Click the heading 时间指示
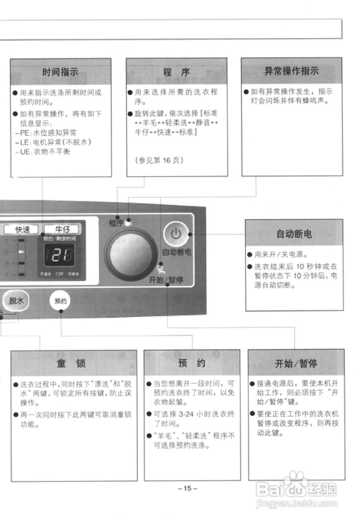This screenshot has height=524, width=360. pos(60,72)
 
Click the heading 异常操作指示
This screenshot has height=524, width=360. pos(291,71)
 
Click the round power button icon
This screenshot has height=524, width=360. pos(175,234)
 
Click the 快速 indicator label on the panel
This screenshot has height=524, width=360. pos(23,229)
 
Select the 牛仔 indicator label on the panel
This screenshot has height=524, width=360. pos(62,229)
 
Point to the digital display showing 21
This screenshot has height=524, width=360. pos(61,255)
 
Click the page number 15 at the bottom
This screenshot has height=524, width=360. pos(187,488)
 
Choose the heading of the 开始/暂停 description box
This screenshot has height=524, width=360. pos(296,363)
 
